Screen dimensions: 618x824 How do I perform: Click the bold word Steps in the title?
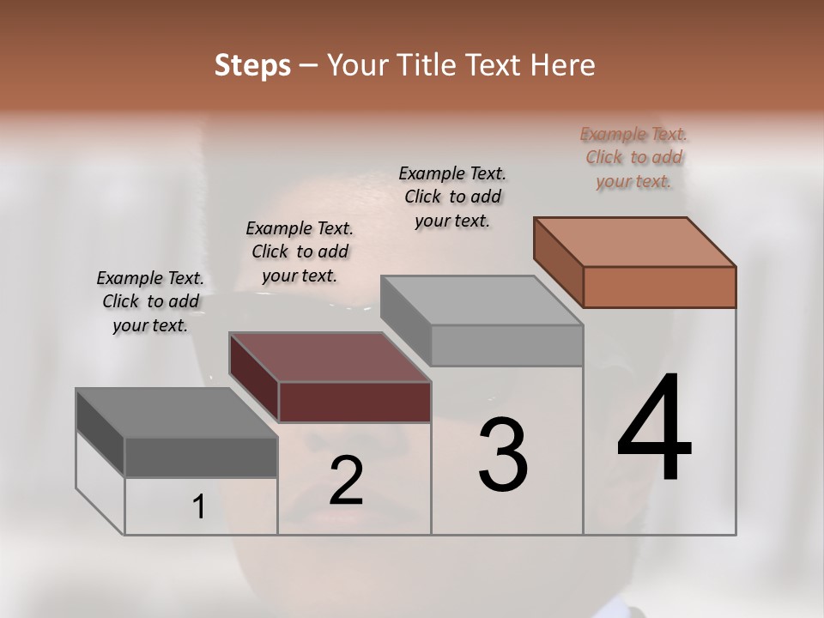pos(252,65)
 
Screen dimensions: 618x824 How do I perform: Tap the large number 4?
pos(654,429)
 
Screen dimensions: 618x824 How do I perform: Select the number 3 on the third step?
pos(503,455)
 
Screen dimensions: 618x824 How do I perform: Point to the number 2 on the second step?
pos(346,481)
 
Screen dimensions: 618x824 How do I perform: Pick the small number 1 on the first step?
pos(199,507)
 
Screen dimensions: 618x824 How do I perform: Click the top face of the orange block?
pos(635,241)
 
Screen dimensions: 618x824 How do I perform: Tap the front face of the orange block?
pos(659,287)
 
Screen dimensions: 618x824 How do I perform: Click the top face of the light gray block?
pos(482,300)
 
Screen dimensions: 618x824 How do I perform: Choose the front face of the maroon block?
pos(354,402)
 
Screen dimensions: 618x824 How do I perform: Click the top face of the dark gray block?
pos(177,413)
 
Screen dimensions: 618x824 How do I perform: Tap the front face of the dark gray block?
pos(201,457)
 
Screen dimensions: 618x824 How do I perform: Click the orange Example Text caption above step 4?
pos(633,157)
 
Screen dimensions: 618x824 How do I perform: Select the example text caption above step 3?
pos(452,197)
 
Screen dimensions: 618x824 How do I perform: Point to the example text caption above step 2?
pos(300,251)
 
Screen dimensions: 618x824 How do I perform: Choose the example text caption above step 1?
pos(150,301)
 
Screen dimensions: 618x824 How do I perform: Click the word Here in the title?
pos(565,65)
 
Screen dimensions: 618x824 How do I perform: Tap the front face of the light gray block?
pos(506,345)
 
